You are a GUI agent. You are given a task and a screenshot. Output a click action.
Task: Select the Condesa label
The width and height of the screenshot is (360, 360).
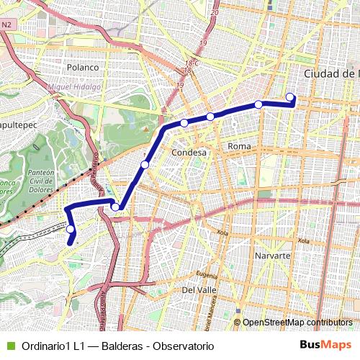[x=189, y=153]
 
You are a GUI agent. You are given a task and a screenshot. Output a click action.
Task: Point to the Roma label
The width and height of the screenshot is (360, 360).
[x=238, y=146]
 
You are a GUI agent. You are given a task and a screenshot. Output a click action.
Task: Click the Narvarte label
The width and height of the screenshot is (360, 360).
[x=272, y=256]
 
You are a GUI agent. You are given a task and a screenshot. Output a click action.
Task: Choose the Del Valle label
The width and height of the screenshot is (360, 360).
[x=199, y=289]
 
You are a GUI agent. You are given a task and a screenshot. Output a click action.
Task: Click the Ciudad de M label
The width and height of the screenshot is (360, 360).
[x=331, y=74]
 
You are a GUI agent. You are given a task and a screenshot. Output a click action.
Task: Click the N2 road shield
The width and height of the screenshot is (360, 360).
[x=7, y=24]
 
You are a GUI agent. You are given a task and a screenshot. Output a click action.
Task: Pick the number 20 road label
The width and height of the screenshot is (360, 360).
[x=214, y=13]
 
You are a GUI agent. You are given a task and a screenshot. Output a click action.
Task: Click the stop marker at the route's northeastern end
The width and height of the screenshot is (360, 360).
[x=290, y=97]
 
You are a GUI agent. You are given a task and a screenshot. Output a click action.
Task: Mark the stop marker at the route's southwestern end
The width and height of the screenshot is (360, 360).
[x=71, y=230]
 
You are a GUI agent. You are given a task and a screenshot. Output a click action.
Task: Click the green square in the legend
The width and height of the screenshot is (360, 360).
[x=10, y=346]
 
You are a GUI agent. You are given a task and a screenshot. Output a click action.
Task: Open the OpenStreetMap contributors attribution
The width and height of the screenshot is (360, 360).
[x=297, y=323]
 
